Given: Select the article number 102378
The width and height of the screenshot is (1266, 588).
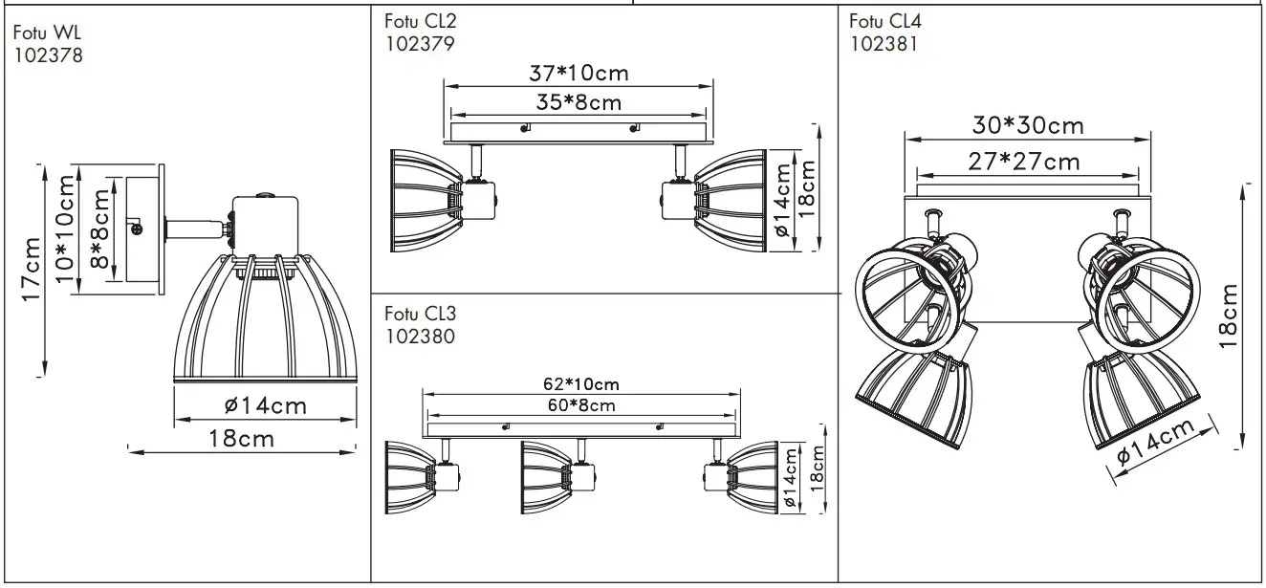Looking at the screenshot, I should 49,55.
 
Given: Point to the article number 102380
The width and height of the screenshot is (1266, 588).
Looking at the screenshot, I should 419,336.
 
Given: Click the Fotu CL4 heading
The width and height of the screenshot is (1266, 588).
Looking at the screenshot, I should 885,21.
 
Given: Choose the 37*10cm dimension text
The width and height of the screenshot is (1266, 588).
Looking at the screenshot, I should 578,73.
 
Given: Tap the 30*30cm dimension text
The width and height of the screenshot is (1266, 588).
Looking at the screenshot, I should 1028,125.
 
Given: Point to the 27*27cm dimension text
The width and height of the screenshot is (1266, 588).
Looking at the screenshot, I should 1025,161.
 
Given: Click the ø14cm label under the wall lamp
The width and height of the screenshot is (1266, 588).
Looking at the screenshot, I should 266,406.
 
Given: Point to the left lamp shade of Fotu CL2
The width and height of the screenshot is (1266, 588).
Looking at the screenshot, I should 424,199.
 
